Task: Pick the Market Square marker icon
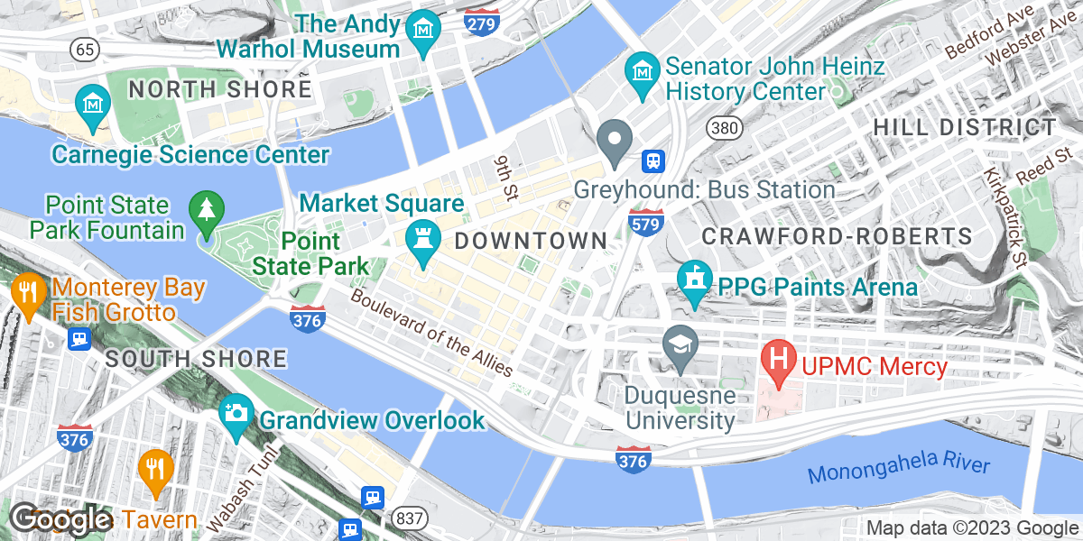point(421,240)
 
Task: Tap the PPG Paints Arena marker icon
point(695,277)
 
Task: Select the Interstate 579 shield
point(646,223)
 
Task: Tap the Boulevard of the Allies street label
point(432,332)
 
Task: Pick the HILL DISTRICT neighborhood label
point(965,128)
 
